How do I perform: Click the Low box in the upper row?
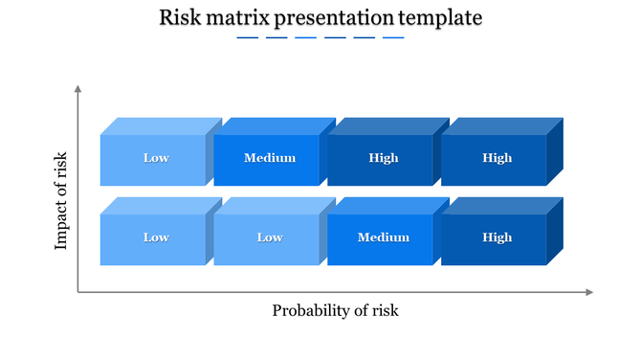pyautogui.click(x=155, y=159)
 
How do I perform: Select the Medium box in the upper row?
pyautogui.click(x=269, y=159)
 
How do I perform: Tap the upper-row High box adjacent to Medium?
pyautogui.click(x=383, y=159)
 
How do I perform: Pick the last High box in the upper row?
pyautogui.click(x=497, y=159)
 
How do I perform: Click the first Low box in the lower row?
pyautogui.click(x=155, y=238)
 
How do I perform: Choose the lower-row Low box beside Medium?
pyautogui.click(x=269, y=238)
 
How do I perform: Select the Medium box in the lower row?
pyautogui.click(x=383, y=238)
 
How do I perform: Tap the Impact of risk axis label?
pyautogui.click(x=62, y=201)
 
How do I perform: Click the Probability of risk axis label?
pyautogui.click(x=335, y=310)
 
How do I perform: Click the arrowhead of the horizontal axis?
pyautogui.click(x=589, y=292)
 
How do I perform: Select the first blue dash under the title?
pyautogui.click(x=247, y=38)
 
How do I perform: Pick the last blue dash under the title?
pyautogui.click(x=393, y=38)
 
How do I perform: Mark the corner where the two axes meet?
pyautogui.click(x=78, y=292)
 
